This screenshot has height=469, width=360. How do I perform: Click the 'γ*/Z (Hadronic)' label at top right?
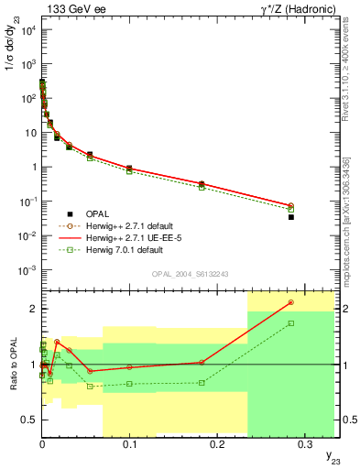click(x=290, y=9)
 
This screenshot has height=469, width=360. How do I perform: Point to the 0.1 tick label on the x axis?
click(x=129, y=444)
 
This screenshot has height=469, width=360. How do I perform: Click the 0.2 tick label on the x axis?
click(x=217, y=444)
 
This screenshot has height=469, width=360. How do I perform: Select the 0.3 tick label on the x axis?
click(x=305, y=444)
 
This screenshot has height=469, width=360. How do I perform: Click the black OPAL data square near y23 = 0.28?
click(x=290, y=217)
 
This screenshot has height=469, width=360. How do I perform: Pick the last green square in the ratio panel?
click(x=290, y=323)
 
